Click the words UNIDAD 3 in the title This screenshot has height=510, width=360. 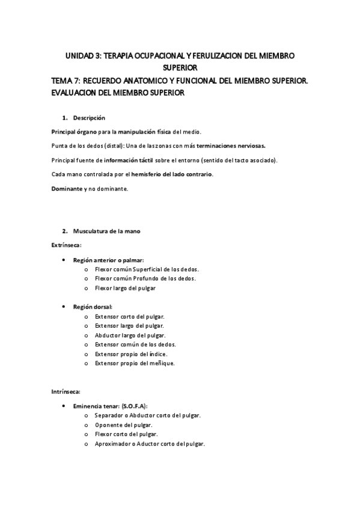click(x=83, y=56)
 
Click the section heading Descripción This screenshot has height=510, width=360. click(x=89, y=117)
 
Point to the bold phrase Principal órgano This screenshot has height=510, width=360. click(x=74, y=131)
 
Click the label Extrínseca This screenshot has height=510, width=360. click(x=67, y=245)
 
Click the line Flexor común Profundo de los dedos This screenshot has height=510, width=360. click(x=145, y=278)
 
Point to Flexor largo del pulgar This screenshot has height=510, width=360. click(x=125, y=288)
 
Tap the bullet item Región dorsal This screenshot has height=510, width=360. click(x=96, y=307)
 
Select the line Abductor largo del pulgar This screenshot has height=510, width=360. click(x=130, y=335)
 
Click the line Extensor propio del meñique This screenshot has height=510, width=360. click(x=135, y=363)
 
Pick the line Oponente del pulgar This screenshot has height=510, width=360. click(x=124, y=425)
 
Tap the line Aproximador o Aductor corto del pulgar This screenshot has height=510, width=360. click(x=150, y=443)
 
